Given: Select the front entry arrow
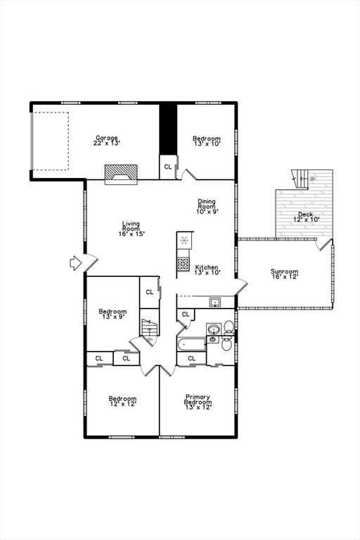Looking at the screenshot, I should point(76,263).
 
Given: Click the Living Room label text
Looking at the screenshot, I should point(131,228).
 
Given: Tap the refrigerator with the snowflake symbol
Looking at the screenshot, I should point(184,241).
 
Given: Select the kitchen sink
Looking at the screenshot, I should point(214,303).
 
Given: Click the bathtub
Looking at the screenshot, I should point(191,344).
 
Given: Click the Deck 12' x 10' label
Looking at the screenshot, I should point(305,217).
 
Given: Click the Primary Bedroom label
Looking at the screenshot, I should point(198,401).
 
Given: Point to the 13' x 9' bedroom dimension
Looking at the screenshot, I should point(112,317).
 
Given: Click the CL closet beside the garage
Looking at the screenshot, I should point(168,167).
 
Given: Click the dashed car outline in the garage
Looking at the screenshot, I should point(51,140).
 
